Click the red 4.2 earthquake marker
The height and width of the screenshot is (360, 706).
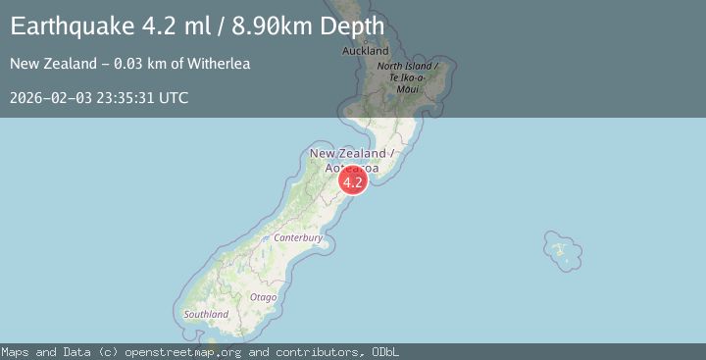(x=353, y=180)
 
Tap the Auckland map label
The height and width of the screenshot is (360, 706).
(x=365, y=51)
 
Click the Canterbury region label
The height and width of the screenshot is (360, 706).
(x=298, y=237)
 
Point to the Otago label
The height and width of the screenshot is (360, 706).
(x=263, y=296)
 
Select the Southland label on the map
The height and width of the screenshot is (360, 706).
(x=206, y=314)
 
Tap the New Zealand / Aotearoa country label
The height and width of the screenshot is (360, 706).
(x=351, y=161)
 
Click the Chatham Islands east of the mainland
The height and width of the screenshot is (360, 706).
(x=558, y=249)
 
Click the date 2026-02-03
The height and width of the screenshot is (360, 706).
(x=49, y=97)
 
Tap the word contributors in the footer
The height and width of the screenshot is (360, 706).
(x=312, y=351)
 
